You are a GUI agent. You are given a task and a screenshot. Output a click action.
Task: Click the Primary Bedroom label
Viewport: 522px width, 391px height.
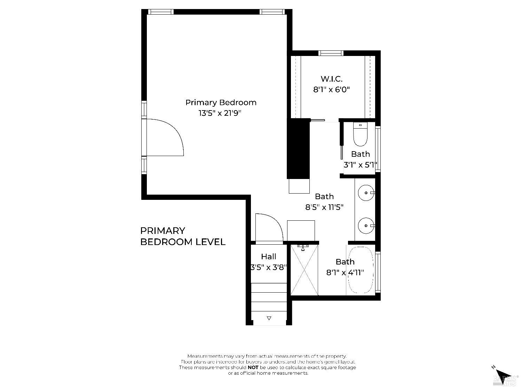click(221, 103)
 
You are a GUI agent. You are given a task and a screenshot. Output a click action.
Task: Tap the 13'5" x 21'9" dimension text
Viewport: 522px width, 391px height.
click(220, 113)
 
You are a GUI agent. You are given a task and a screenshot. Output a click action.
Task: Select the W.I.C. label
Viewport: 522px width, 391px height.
click(331, 79)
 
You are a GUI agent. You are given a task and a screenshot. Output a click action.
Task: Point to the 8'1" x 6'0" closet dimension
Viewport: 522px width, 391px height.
click(331, 90)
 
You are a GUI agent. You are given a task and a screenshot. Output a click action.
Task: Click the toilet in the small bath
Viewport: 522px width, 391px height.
click(360, 135)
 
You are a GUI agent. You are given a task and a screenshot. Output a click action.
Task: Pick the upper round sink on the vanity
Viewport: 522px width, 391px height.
click(366, 192)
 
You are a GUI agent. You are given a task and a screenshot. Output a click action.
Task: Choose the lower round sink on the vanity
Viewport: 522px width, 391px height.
click(366, 226)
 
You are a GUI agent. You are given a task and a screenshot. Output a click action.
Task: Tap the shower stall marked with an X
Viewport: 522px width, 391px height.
click(304, 270)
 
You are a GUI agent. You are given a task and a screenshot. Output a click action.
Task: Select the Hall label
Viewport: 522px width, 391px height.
click(269, 257)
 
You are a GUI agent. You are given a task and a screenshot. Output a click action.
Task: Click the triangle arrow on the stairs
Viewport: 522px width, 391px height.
click(269, 318)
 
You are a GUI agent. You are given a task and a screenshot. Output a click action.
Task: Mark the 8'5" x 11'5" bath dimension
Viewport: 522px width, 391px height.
click(324, 207)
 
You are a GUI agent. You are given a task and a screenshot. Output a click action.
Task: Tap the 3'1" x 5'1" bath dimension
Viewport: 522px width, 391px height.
click(360, 165)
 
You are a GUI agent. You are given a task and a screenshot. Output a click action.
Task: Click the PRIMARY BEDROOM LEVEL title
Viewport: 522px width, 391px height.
click(183, 236)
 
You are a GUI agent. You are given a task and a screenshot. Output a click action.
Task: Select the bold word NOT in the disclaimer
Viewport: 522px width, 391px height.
click(253, 367)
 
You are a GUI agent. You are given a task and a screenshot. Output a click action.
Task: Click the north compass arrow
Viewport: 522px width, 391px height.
click(502, 374)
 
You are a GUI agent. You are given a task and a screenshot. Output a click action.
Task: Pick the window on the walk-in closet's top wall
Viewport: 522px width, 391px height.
click(331, 53)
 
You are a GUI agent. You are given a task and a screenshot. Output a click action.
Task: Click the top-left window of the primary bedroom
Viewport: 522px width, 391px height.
click(161, 12)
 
